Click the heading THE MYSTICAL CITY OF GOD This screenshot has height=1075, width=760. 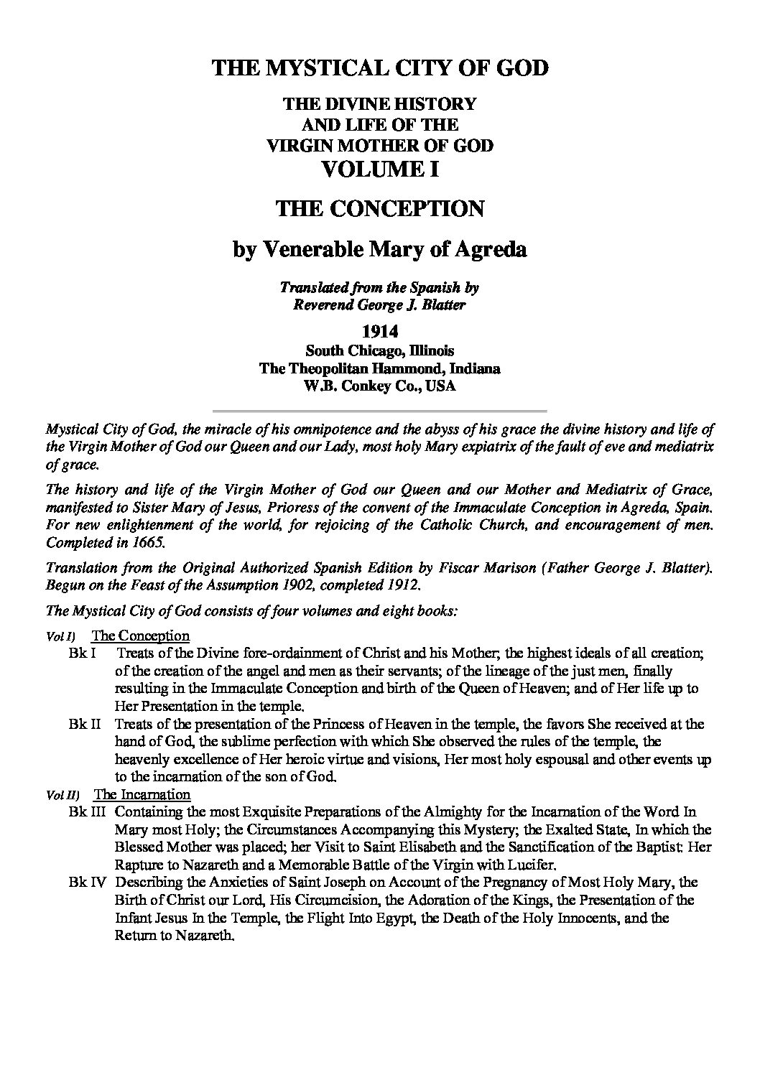[380, 68]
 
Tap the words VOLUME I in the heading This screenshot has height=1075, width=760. [380, 170]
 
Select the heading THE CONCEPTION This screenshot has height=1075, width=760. [380, 209]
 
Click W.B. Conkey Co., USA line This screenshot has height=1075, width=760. [380, 386]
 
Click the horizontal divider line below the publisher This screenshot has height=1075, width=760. [380, 411]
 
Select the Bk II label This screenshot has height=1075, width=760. [85, 723]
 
